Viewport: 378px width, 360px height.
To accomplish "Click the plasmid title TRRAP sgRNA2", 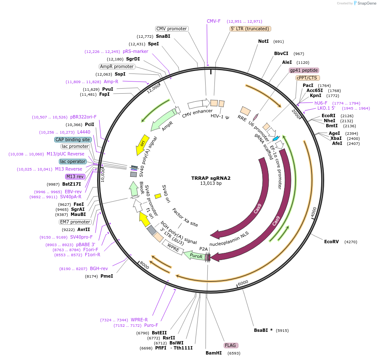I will click(x=211, y=178).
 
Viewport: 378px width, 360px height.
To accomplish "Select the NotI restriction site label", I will click(x=263, y=42).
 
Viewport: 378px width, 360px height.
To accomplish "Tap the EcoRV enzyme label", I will click(x=331, y=242).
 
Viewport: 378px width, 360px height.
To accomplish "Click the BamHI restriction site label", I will click(x=214, y=353).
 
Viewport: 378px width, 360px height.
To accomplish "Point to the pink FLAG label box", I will click(x=231, y=345).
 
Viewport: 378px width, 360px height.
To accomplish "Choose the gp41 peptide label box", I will click(x=304, y=70).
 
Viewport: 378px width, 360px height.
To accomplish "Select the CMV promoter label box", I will click(x=172, y=29).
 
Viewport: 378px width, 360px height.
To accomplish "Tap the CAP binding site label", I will click(x=73, y=139).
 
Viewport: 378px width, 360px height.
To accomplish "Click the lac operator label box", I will click(x=73, y=161).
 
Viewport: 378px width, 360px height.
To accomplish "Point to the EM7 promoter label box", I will click(x=75, y=222).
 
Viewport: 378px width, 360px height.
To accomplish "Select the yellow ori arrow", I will click(x=143, y=145).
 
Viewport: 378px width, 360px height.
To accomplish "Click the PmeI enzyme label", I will click(x=107, y=276).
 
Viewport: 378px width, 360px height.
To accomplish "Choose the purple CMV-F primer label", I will click(x=214, y=21).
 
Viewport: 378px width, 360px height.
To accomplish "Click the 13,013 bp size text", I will click(x=211, y=184).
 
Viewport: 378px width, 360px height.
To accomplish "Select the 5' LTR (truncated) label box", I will click(x=250, y=29).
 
